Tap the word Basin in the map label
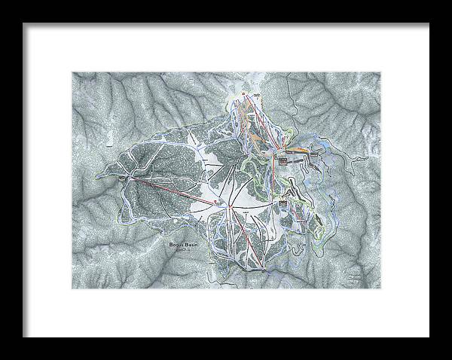(191, 245)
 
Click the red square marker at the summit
(244, 93)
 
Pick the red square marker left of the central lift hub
(216, 202)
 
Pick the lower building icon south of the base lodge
(284, 202)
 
